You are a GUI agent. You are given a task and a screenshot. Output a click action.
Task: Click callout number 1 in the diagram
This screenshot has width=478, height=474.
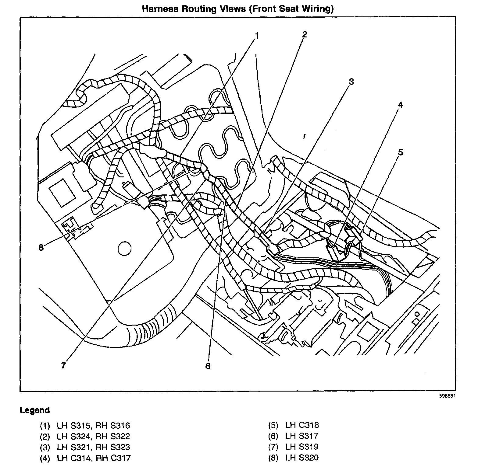(x=256, y=37)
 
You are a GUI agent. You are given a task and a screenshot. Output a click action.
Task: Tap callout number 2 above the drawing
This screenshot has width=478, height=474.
(x=304, y=34)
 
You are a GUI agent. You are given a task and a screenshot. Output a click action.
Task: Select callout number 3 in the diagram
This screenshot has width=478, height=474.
(x=351, y=82)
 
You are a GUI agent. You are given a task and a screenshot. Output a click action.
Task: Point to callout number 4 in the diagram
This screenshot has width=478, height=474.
(x=400, y=105)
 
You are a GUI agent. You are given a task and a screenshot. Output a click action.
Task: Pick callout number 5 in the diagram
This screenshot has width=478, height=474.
(x=400, y=152)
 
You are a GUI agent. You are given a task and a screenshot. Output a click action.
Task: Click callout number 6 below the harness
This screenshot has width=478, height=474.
(x=208, y=366)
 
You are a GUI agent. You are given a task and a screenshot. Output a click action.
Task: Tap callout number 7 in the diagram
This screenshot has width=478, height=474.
(x=63, y=365)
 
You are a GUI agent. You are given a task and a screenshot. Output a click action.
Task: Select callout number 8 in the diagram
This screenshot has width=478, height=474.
(x=41, y=247)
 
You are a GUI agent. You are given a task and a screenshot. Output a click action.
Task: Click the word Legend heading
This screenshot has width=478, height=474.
(x=34, y=410)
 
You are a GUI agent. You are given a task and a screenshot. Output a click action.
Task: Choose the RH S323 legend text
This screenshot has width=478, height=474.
(x=113, y=447)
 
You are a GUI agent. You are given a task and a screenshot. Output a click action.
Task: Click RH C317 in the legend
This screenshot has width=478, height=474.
(x=113, y=458)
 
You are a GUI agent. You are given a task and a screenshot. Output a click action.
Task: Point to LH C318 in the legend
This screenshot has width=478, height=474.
(x=302, y=425)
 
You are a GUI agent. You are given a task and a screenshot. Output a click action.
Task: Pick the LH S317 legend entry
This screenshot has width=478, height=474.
(x=302, y=436)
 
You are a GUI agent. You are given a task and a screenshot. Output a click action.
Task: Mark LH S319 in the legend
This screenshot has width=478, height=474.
(x=302, y=447)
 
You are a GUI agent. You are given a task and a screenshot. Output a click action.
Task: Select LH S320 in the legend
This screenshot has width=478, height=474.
(x=302, y=458)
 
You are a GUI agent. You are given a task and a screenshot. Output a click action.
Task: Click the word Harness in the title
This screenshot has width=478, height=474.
(x=160, y=9)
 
